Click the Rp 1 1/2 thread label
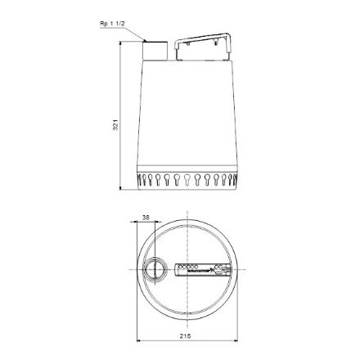[111, 25]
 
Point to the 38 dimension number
[146, 218]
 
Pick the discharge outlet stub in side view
[155, 48]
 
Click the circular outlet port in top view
[152, 268]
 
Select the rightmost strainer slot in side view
[233, 180]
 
